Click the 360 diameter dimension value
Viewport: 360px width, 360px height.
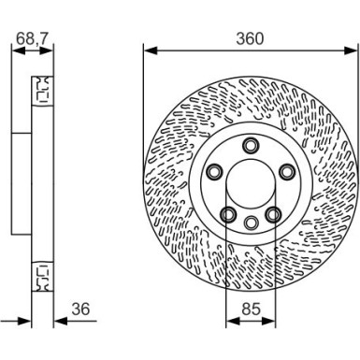pos(250,38)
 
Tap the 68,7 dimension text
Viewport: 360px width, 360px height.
pos(31,38)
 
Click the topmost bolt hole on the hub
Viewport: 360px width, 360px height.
pos(251,145)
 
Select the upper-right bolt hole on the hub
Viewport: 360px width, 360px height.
pos(286,171)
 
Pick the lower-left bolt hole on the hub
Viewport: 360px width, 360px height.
pos(228,215)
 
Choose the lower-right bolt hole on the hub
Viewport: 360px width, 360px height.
pos(273,215)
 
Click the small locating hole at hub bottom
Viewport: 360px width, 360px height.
pos(251,223)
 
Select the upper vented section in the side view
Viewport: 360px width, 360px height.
pos(43,92)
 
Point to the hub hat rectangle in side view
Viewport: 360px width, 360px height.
pos(22,183)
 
